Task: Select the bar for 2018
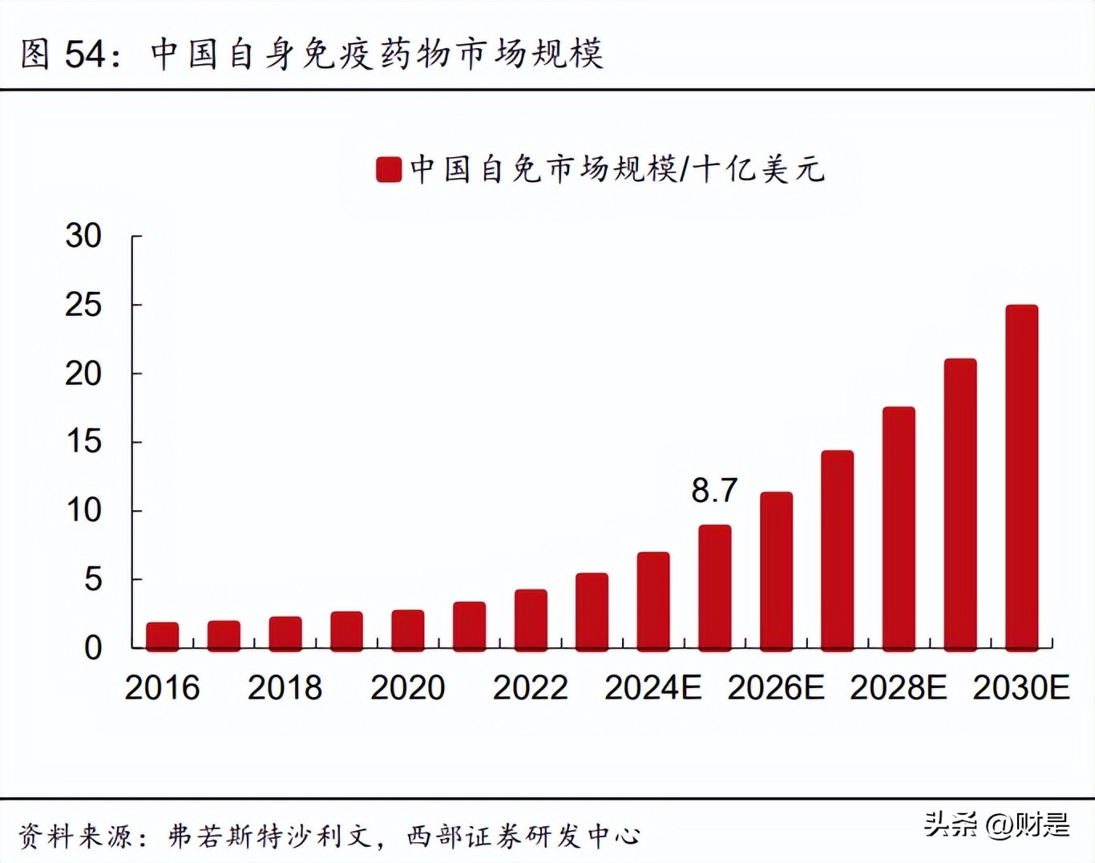(x=285, y=633)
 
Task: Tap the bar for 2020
(x=408, y=630)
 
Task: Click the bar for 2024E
(x=653, y=601)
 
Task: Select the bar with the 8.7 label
(x=714, y=587)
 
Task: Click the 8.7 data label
(x=714, y=490)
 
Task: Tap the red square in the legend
(x=389, y=169)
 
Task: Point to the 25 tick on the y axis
(x=83, y=305)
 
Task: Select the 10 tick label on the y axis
(x=83, y=510)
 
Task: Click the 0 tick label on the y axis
(x=93, y=647)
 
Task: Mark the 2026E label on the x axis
(x=775, y=687)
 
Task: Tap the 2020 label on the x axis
(x=407, y=687)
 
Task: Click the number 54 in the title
(x=85, y=54)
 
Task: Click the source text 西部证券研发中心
(x=523, y=836)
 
